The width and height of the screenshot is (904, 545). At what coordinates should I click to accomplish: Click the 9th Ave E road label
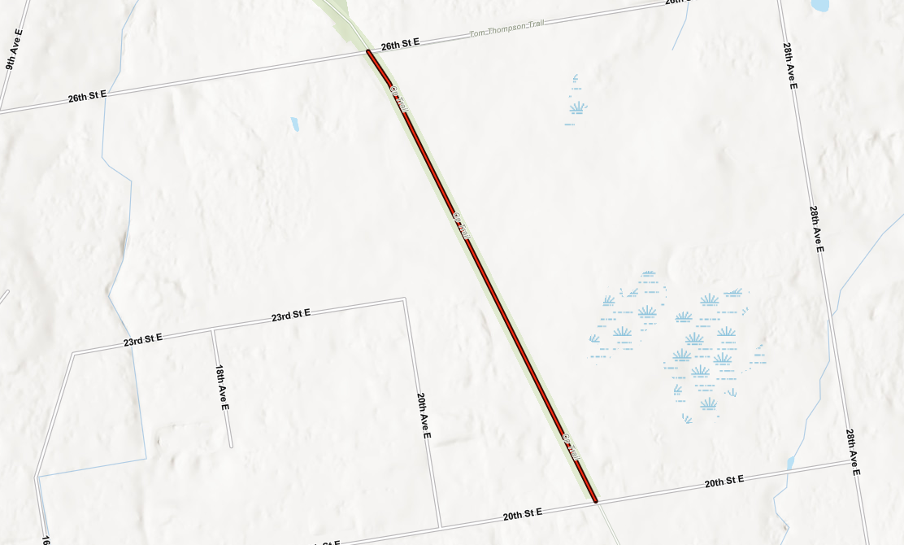pos(14,50)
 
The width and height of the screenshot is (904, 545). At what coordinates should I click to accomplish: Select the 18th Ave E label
pos(222,387)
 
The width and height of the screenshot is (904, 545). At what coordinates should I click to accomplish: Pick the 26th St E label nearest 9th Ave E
pos(87,97)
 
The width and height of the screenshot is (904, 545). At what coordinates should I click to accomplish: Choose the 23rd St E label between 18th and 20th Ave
pos(291,315)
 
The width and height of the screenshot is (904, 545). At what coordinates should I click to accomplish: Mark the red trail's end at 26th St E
pos(368,52)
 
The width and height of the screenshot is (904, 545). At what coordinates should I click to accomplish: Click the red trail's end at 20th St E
pos(595,500)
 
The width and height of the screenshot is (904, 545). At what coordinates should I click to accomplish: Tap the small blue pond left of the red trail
pos(294,124)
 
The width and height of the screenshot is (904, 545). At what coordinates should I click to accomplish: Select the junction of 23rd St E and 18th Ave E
pos(212,330)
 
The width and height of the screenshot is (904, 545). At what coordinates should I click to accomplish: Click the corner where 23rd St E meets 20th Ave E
pos(404,299)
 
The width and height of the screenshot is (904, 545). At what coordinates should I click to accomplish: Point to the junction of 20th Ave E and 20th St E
pos(440,526)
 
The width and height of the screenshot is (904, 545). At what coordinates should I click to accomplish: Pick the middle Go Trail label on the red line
pos(461,225)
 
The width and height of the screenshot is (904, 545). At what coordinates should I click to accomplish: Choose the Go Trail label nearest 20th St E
pos(572,447)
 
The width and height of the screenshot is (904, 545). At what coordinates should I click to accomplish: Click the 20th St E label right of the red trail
pos(724,482)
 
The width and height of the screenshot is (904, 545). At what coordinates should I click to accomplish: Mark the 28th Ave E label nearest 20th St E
pos(852,452)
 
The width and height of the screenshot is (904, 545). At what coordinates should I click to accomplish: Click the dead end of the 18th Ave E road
pos(231,446)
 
